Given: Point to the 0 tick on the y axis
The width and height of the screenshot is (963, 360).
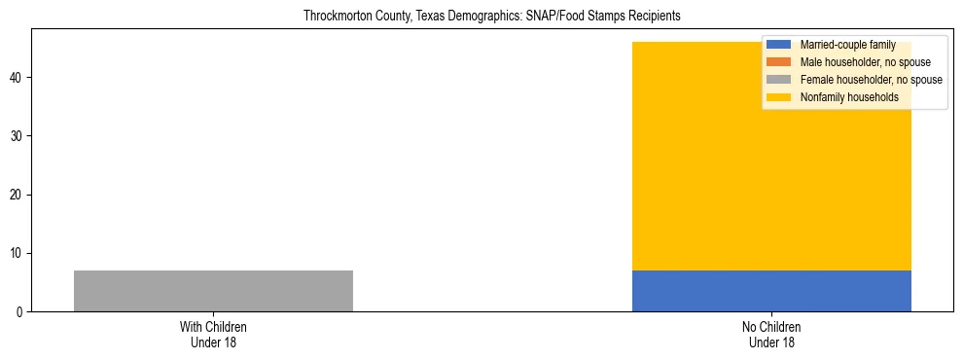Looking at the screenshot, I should [x=20, y=312].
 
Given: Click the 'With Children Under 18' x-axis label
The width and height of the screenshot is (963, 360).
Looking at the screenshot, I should [x=213, y=334].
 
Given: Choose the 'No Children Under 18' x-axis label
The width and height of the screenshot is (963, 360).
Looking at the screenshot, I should [x=771, y=334].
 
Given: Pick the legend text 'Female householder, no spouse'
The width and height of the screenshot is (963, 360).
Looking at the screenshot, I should [x=871, y=80].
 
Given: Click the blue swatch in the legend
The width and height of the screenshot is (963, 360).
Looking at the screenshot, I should [x=778, y=45].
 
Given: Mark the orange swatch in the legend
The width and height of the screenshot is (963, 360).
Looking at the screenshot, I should [x=778, y=62].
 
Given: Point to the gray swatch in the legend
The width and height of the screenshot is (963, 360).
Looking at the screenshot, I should [x=778, y=80].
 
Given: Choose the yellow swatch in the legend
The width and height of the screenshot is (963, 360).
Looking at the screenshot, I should [x=778, y=97].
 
